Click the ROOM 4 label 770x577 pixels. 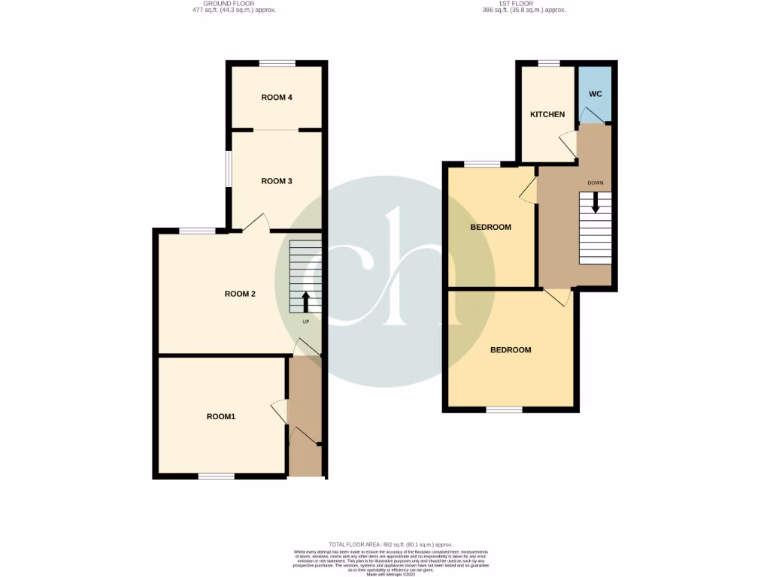[x=277, y=97]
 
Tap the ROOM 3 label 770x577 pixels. [x=277, y=181]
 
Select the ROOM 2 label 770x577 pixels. [x=241, y=294]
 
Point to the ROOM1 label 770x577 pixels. [x=221, y=416]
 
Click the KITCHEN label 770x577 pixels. [x=547, y=115]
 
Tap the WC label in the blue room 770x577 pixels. [x=595, y=94]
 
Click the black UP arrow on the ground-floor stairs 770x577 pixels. [x=305, y=302]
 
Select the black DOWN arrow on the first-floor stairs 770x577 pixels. [x=595, y=202]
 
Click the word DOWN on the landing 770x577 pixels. [x=595, y=183]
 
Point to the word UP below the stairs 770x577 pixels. [x=305, y=322]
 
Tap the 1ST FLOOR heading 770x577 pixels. [x=524, y=5]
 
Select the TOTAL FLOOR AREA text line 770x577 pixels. [x=390, y=544]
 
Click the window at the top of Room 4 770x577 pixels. [x=277, y=63]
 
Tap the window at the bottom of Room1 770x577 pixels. [x=216, y=476]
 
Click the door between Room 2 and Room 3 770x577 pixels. [x=256, y=223]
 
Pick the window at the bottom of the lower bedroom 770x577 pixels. [x=504, y=409]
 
